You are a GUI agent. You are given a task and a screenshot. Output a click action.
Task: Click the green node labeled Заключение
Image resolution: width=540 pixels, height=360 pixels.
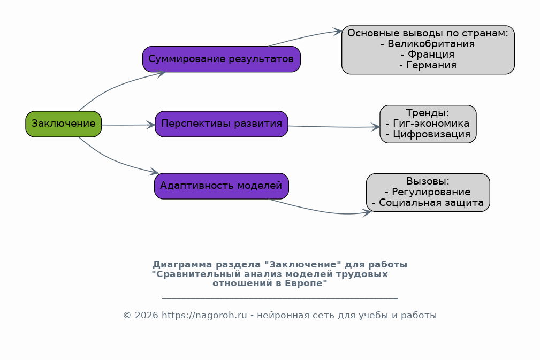[63, 124]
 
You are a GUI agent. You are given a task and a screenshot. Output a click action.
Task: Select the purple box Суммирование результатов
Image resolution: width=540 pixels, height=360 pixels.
[222, 59]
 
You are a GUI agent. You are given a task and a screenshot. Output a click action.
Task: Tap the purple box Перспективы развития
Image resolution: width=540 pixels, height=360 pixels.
[222, 124]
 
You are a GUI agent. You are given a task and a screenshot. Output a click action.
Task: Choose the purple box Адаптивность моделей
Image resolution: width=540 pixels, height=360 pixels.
[222, 186]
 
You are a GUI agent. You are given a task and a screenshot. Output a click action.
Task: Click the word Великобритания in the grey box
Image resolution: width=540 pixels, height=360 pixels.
[431, 44]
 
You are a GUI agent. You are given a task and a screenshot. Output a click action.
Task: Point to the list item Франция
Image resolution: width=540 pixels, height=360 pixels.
[431, 55]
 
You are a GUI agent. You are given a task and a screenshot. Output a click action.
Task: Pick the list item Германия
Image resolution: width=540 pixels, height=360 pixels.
[431, 65]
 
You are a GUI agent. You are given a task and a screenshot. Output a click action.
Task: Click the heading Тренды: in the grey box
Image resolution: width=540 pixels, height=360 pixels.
[428, 112]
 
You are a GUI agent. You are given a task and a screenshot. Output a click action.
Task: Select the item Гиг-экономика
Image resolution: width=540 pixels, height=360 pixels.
[431, 123]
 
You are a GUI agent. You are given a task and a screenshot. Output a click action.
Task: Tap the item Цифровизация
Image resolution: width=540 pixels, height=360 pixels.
[431, 134]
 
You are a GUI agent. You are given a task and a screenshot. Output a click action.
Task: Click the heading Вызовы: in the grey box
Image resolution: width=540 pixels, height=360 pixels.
[428, 181]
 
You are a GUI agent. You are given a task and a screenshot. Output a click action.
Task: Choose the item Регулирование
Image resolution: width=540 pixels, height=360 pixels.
[431, 192]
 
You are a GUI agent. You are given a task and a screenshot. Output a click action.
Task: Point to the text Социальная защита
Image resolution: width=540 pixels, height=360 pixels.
[431, 202]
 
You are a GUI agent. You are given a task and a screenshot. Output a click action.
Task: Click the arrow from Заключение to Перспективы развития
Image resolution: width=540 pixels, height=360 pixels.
[128, 125]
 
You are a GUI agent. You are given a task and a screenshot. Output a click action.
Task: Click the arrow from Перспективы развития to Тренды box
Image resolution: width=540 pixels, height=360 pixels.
[334, 127]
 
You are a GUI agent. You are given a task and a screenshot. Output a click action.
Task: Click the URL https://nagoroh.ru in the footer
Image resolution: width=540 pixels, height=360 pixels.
[204, 315]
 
